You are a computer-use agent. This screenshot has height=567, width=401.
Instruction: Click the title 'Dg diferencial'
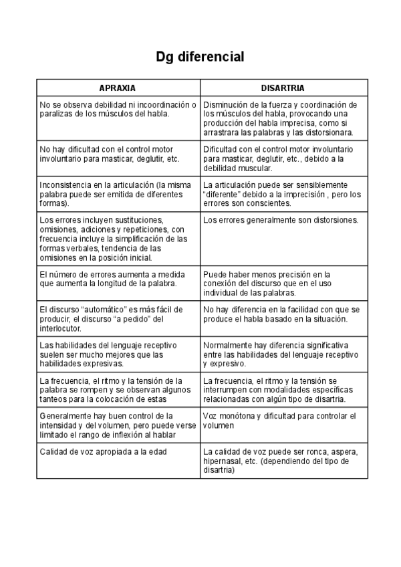[x=200, y=58]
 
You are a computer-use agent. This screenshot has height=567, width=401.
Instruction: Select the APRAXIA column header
[x=118, y=88]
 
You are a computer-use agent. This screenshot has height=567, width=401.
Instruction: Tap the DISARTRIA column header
[x=283, y=88]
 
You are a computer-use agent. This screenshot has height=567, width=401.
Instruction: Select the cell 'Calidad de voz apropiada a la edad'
[x=102, y=451]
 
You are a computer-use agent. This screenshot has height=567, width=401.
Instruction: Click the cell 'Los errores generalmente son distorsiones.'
[x=281, y=220]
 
